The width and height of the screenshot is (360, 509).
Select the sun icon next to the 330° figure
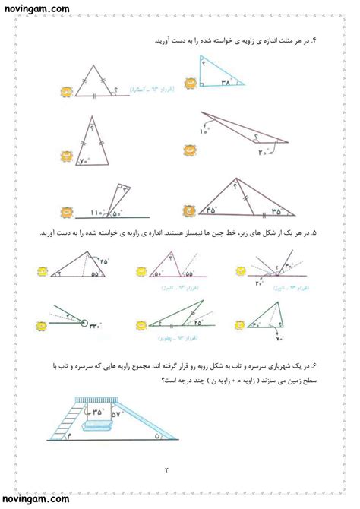pos(43,327)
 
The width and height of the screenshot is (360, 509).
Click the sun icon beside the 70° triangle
pos(67,156)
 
